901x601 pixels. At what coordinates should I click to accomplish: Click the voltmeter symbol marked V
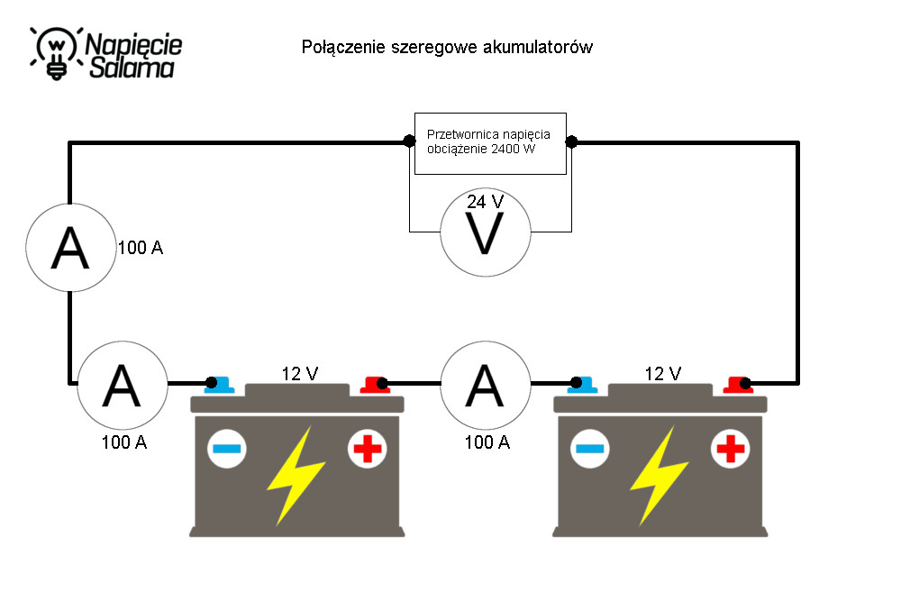pyautogui.click(x=486, y=232)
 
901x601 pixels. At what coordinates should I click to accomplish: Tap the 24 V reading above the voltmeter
pyautogui.click(x=485, y=202)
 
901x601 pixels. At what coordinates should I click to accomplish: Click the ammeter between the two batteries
pyautogui.click(x=486, y=385)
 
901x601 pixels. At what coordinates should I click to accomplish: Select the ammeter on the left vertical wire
pyautogui.click(x=70, y=248)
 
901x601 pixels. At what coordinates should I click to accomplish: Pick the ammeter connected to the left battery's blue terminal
pyautogui.click(x=123, y=385)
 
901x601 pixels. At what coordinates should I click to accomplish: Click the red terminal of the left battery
pyautogui.click(x=375, y=385)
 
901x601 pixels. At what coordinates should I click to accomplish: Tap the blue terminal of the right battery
pyautogui.click(x=582, y=385)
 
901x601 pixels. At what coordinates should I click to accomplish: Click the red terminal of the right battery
pyautogui.click(x=739, y=385)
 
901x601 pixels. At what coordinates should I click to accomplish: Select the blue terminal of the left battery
pyautogui.click(x=219, y=385)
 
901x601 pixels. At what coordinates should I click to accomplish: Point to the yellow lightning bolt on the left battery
pyautogui.click(x=296, y=476)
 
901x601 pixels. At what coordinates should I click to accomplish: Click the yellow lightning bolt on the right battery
pyautogui.click(x=659, y=476)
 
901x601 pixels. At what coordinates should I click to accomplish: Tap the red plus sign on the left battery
pyautogui.click(x=368, y=449)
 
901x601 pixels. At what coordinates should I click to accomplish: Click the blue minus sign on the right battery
pyautogui.click(x=590, y=449)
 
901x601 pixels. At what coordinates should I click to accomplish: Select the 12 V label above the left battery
pyautogui.click(x=299, y=374)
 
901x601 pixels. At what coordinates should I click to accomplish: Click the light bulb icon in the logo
pyautogui.click(x=56, y=53)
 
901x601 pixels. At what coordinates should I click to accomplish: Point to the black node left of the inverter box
pyautogui.click(x=409, y=141)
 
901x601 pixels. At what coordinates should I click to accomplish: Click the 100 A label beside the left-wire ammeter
pyautogui.click(x=141, y=248)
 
